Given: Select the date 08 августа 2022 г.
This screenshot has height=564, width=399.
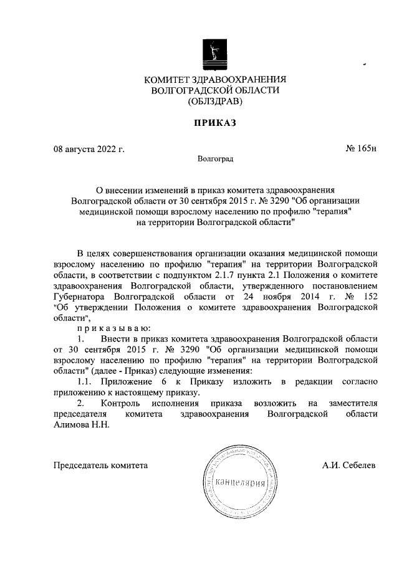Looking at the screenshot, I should pos(89,150).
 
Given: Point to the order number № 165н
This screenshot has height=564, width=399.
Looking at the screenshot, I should pos(361,150).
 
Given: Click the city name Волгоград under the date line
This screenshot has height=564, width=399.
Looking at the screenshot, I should pos(214,160).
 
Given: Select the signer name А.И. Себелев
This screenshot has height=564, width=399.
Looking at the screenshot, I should pos(350,465).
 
